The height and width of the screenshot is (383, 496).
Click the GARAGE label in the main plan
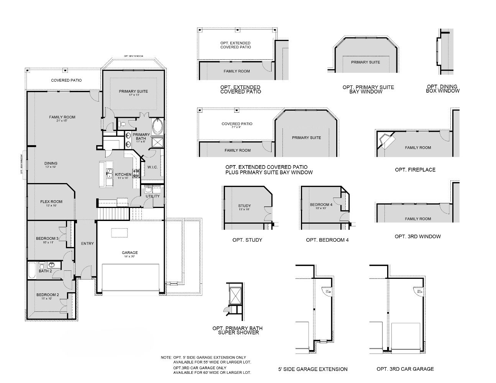coord(130,253)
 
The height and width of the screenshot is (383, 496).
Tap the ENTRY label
coord(87,244)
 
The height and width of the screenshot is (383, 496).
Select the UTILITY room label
coord(152,196)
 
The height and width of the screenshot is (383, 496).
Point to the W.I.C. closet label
coord(153,167)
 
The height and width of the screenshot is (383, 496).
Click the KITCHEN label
coord(123,175)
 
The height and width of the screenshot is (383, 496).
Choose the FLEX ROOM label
coord(51,202)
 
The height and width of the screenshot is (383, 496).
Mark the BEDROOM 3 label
coord(47,239)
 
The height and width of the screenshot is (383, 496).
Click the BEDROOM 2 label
coord(48,295)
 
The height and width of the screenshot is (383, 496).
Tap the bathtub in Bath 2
coord(32,271)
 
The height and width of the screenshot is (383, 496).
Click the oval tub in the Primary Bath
coord(158,127)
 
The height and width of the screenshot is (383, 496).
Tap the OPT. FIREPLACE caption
coord(415,170)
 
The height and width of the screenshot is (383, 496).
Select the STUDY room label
coord(244,206)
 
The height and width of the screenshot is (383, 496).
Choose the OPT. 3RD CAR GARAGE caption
coord(405,369)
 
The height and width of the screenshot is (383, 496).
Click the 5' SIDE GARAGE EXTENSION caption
coord(313,369)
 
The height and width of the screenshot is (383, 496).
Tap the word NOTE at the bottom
coord(166,357)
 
